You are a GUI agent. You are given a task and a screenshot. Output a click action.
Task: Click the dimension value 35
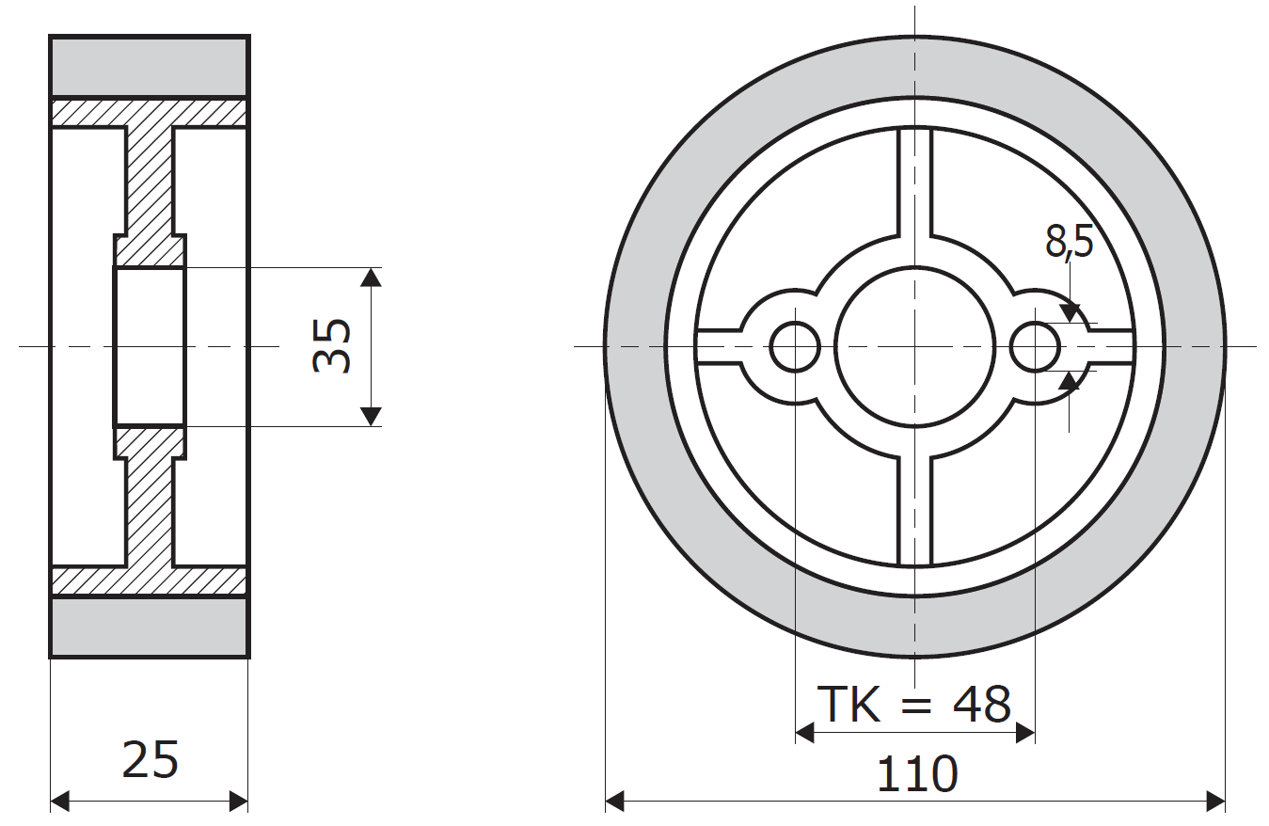pos(332,346)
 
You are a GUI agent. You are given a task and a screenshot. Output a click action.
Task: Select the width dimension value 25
pos(151,760)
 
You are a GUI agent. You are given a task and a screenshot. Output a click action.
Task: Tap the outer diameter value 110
pos(917,774)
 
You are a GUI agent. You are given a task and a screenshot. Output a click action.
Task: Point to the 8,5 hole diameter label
pos(1069,242)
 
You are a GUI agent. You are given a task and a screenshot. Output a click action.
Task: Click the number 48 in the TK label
pos(982,705)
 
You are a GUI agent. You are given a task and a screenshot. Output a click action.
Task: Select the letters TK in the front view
pos(849,705)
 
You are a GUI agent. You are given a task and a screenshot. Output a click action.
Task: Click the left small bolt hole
pos(795,347)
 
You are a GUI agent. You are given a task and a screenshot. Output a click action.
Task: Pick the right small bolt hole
pos(1035,347)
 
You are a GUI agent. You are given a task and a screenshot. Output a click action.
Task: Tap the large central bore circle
pos(915,346)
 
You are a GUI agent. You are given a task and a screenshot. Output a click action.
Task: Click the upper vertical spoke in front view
pos(915,182)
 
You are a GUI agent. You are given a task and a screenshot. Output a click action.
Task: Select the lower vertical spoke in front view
pos(915,511)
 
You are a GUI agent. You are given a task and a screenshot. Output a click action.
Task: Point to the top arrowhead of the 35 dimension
pos(371,277)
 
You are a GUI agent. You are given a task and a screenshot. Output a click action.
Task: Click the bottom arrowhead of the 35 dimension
pos(371,417)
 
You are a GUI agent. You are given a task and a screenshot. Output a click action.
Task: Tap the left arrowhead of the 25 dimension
pos(60,802)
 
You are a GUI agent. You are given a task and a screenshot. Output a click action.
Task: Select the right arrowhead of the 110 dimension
pos(1215,802)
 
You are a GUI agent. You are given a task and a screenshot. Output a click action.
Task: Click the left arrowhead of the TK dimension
pos(805,733)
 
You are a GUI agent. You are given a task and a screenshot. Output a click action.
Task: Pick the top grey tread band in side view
pos(150,67)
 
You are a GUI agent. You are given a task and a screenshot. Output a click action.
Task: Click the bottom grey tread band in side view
pos(150,626)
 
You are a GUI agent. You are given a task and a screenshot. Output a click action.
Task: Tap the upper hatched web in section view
pos(150,182)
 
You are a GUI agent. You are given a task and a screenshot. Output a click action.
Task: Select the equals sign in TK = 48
pos(916,707)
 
